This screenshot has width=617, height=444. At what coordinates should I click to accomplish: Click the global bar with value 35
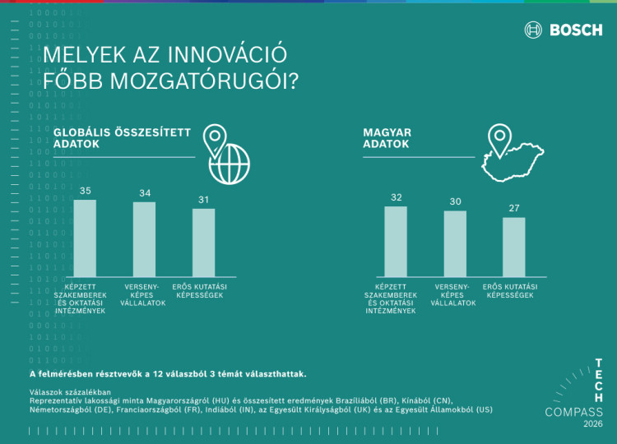point(85,238)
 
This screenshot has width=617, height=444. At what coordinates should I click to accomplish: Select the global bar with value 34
point(144,239)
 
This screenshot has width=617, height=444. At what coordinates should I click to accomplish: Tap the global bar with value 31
point(203,243)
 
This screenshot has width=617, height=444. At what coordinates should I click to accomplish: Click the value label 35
point(85,191)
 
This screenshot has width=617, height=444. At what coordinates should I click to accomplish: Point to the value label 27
point(514,208)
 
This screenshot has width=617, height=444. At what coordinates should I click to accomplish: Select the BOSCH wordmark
point(575,30)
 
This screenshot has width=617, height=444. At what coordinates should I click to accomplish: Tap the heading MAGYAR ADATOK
point(387,137)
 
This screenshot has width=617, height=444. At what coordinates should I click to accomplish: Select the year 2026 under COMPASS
point(592,424)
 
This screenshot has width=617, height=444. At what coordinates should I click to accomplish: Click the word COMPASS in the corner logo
point(573,412)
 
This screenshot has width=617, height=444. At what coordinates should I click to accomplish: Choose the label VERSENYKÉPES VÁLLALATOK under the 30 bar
point(455,294)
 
